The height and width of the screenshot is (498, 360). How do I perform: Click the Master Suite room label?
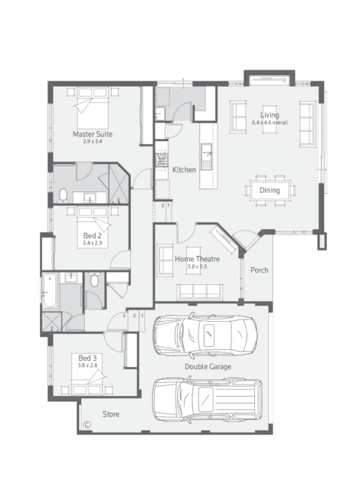93,134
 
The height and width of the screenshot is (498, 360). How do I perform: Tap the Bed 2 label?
93,236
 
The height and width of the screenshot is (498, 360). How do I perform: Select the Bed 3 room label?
87,359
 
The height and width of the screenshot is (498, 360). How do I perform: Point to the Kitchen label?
184,170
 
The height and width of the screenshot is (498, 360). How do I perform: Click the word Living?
270,115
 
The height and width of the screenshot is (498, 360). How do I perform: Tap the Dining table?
270,190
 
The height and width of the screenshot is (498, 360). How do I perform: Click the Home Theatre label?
197,259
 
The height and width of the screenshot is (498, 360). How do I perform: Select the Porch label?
260,270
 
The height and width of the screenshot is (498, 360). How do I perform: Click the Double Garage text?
208,366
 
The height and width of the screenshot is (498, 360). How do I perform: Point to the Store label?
111,414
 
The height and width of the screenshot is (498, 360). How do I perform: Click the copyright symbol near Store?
87,424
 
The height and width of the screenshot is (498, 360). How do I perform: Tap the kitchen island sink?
206,152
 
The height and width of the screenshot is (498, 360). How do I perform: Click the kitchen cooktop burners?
162,160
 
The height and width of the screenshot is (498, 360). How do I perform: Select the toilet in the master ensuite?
64,195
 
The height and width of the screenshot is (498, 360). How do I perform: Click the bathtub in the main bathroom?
50,291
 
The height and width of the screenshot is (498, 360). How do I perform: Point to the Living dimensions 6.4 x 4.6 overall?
270,123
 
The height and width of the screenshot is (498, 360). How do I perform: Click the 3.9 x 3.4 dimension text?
93,141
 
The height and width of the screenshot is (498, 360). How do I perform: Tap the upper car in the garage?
205,335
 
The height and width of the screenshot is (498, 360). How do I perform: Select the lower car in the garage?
208,399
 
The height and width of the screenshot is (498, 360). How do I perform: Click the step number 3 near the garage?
124,316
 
